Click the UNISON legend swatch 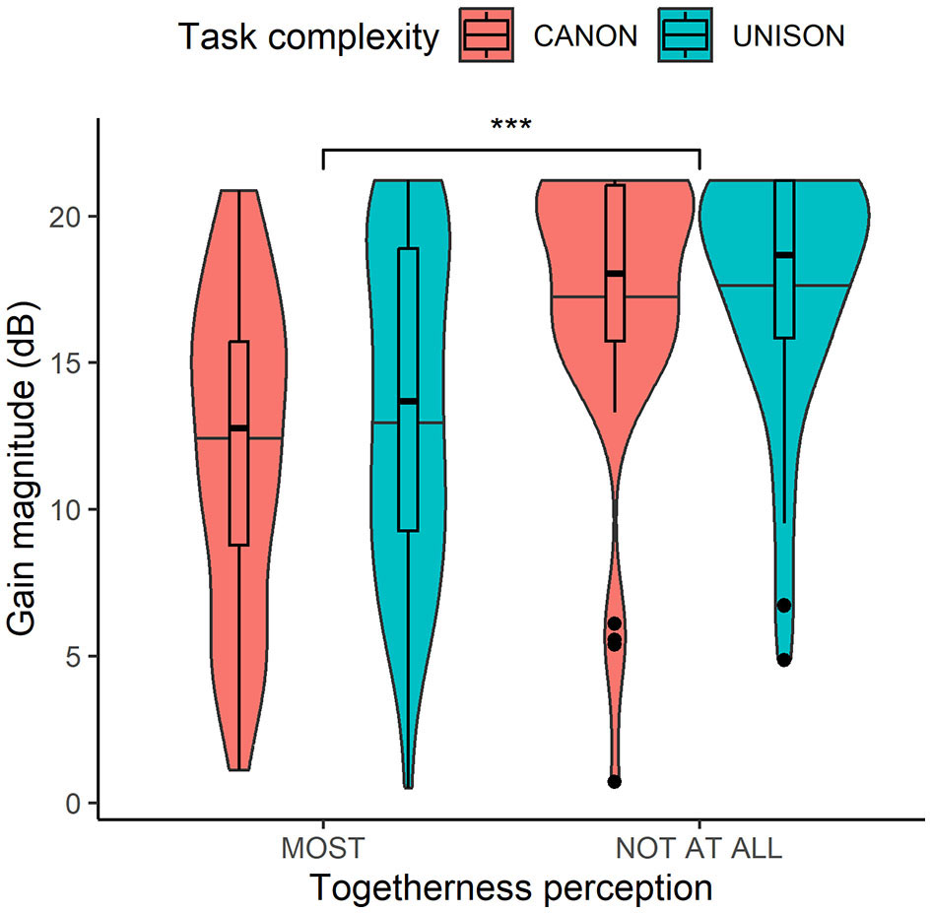click(688, 36)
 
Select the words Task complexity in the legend click(308, 37)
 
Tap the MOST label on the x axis click(322, 849)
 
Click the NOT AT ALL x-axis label click(698, 849)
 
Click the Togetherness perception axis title click(510, 888)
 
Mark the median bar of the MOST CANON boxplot click(238, 427)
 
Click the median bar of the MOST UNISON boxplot click(408, 401)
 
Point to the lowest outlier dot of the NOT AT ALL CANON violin click(614, 782)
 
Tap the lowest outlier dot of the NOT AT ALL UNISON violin click(783, 660)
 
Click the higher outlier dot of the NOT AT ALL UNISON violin click(783, 605)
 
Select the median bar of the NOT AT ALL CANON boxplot click(615, 273)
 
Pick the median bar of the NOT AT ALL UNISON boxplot click(784, 255)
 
